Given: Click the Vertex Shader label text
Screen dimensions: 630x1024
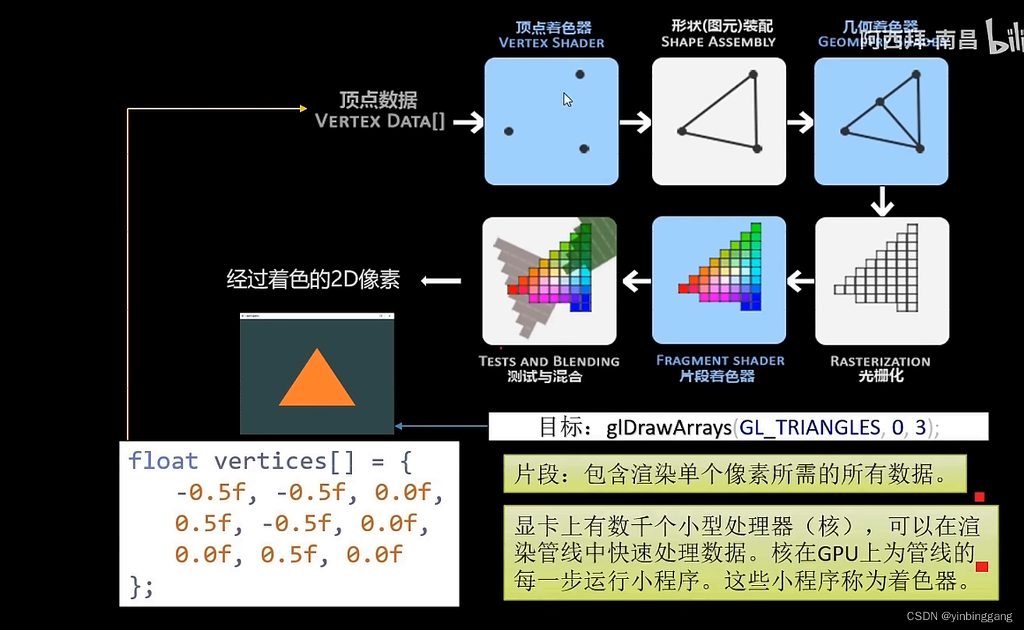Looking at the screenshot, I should coord(551,42).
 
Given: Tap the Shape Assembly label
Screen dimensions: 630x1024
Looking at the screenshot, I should coord(718,42).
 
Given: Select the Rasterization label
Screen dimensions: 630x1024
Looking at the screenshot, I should coord(880,361).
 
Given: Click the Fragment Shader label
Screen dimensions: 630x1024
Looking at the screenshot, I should coord(720,361).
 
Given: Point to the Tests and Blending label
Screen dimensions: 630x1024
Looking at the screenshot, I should coord(548,361).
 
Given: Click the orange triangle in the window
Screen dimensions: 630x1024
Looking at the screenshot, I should coord(317,382).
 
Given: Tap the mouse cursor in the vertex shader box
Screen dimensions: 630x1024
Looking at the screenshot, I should coord(567,99).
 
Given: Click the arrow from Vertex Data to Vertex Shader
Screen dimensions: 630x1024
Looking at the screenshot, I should coord(468,122).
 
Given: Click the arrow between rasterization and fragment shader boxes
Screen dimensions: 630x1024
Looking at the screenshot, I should coord(800,281).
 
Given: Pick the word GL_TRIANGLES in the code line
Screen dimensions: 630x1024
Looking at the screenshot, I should coord(809,428).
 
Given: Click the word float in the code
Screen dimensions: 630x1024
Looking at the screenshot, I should coord(163,461).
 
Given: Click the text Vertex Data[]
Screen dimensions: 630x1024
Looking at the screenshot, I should coord(380,121).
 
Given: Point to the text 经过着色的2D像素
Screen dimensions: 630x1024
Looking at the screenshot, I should coord(313,279).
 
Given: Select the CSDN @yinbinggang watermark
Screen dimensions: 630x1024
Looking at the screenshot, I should coord(958,616).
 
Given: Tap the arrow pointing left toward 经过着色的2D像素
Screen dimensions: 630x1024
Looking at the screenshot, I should coord(441,281).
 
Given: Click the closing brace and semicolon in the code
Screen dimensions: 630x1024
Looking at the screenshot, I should coord(141,586).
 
